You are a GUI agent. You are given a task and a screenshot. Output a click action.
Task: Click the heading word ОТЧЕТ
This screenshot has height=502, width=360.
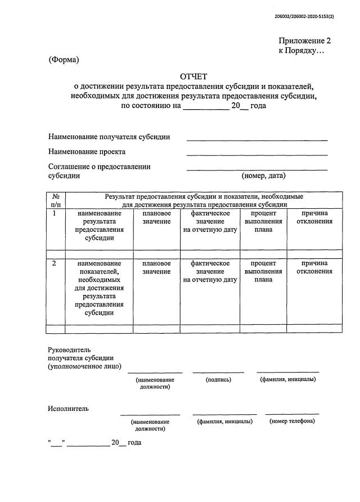(194, 76)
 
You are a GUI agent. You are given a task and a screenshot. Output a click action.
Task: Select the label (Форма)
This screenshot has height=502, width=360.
(64, 60)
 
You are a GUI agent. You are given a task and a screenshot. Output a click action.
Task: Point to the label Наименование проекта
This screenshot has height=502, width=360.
(87, 151)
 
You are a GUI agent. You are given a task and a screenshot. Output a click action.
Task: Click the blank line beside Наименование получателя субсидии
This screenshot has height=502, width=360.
(256, 140)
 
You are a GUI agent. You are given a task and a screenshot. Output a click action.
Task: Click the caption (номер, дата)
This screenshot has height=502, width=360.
(264, 176)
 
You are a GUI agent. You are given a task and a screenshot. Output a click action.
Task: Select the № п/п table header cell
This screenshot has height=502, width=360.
(56, 200)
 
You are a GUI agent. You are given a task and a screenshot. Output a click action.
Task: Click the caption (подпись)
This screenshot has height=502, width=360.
(219, 379)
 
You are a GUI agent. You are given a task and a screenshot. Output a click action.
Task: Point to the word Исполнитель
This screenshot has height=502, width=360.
(68, 409)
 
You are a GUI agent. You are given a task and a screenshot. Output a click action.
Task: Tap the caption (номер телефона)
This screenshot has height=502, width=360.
(292, 421)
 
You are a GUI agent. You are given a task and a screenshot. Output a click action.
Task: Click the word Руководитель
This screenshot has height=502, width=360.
(69, 349)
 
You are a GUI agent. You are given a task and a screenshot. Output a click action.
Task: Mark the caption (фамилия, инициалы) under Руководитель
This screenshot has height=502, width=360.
(287, 379)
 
